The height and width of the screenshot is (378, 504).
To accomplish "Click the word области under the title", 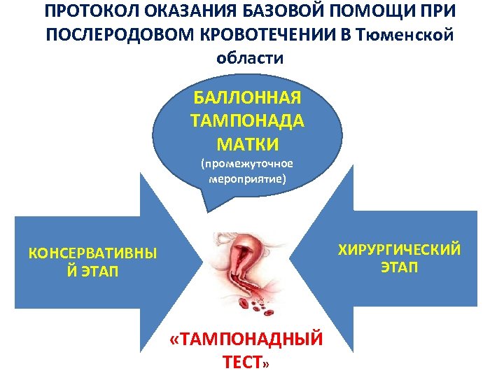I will (x=251, y=58).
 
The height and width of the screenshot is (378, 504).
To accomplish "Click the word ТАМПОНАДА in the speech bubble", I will (x=246, y=120).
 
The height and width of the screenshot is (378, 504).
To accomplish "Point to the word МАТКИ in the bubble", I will (x=246, y=144).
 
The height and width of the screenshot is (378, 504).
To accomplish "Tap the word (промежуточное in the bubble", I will (x=246, y=164).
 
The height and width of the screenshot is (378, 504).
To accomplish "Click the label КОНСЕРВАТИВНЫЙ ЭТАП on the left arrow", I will (x=92, y=262).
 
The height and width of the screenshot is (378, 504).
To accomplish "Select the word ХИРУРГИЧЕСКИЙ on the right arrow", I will (x=400, y=250).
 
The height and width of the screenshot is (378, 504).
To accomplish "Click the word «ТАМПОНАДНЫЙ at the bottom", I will (x=246, y=340).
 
